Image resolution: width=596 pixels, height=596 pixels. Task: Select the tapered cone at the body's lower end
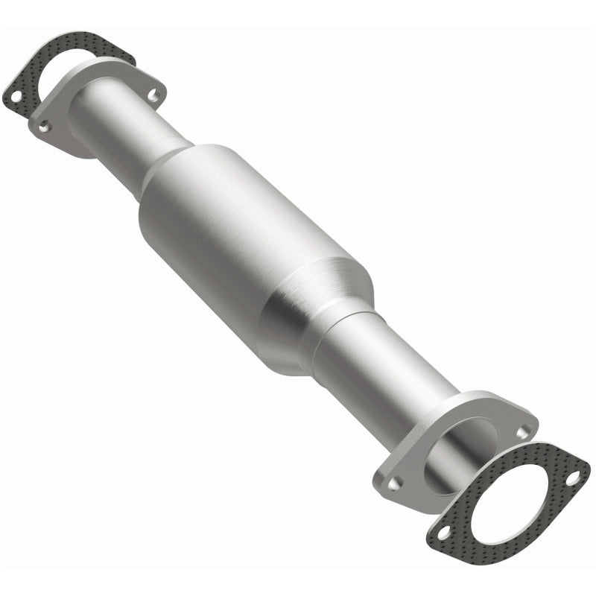[x=328, y=313]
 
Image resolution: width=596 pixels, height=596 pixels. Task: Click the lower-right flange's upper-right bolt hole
[x=526, y=430]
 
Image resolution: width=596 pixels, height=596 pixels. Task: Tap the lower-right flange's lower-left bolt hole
[x=396, y=483]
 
